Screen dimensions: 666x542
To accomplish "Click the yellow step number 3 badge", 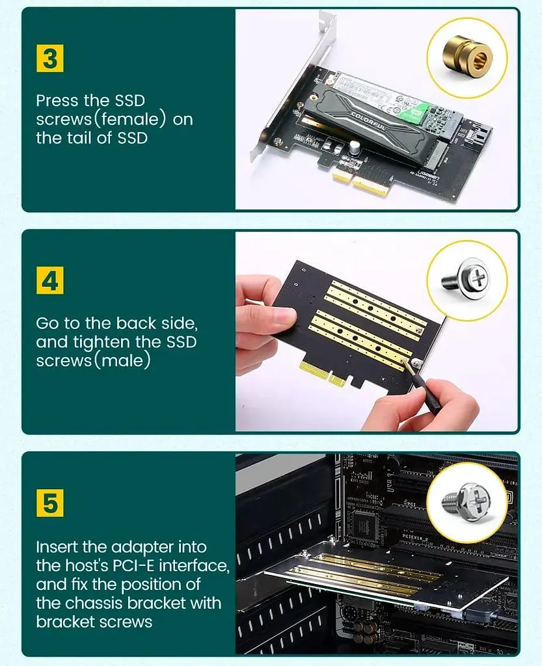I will (x=50, y=58).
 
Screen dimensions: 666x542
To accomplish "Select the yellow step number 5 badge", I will (x=50, y=503).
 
